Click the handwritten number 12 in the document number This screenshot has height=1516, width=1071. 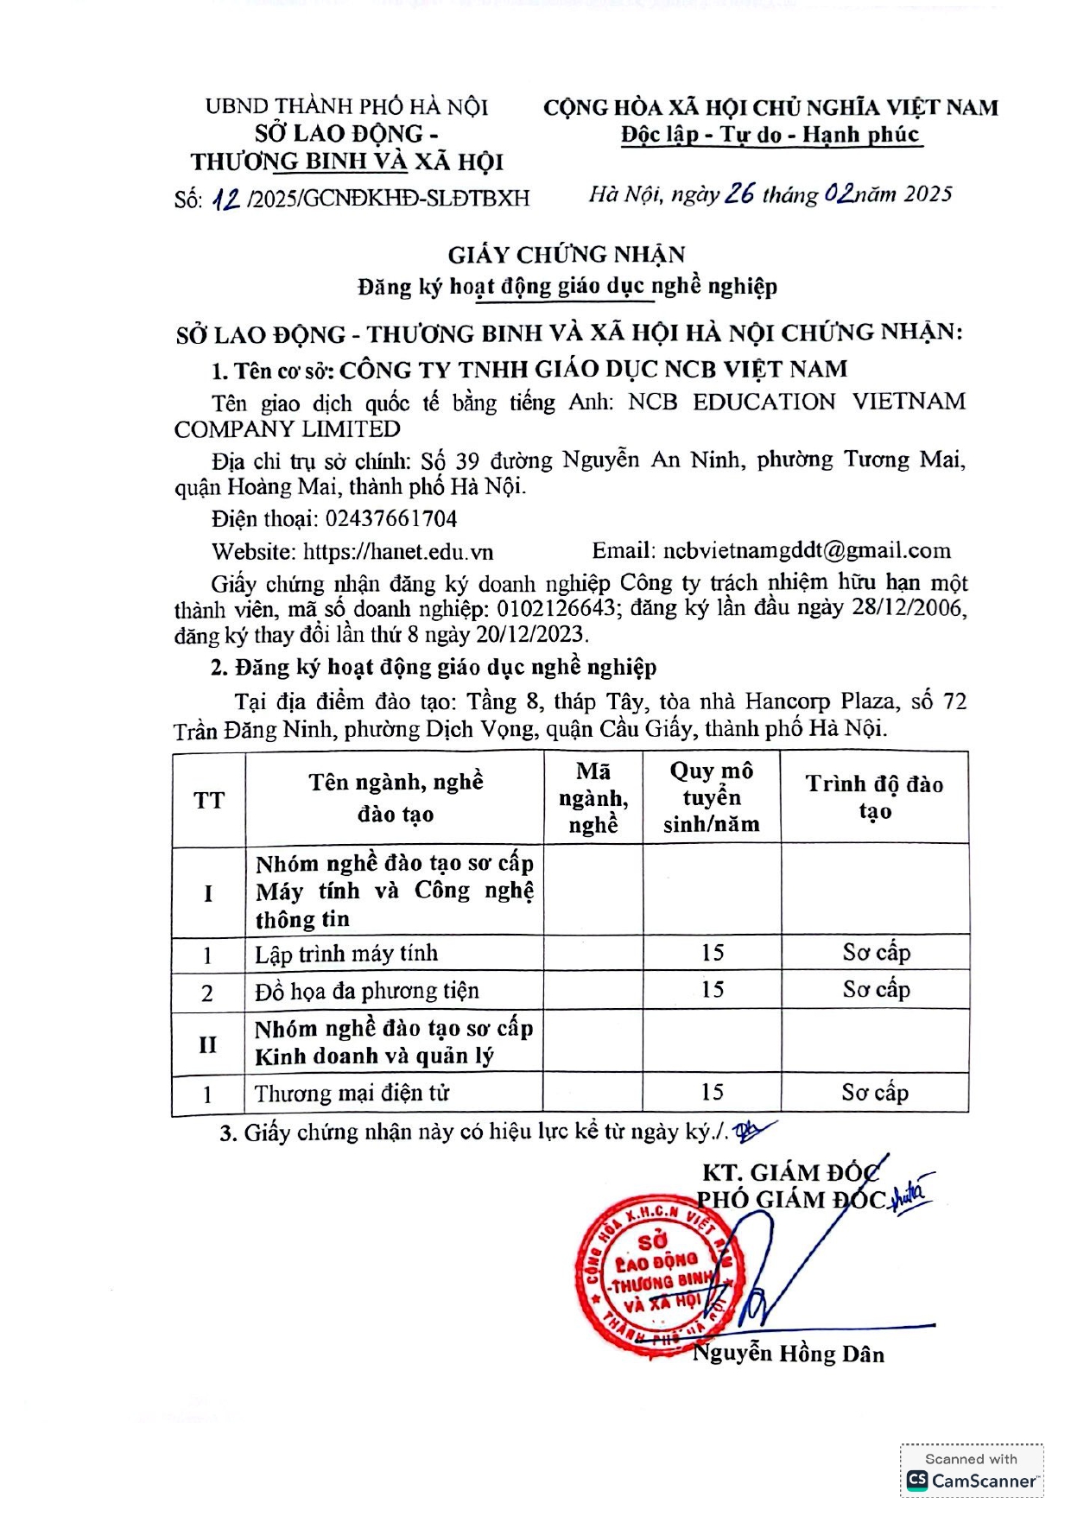[226, 199]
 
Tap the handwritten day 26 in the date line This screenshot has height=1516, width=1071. [739, 193]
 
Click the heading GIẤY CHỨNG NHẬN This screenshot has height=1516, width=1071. [567, 255]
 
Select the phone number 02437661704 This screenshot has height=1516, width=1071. [391, 518]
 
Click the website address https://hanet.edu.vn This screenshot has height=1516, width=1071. [398, 551]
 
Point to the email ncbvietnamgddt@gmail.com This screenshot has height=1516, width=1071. [807, 550]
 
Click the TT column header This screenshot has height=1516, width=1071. [209, 800]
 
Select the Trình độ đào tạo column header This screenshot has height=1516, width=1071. [874, 797]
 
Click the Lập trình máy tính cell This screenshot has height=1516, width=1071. [346, 954]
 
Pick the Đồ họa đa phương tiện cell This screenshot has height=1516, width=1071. [366, 991]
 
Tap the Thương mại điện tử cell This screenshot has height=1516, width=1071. [352, 1094]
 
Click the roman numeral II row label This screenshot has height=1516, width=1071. [208, 1044]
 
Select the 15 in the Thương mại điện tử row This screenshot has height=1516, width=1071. [712, 1093]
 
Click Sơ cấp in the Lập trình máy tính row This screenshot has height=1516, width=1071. [876, 953]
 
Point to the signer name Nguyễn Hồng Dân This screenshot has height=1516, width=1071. [789, 1354]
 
